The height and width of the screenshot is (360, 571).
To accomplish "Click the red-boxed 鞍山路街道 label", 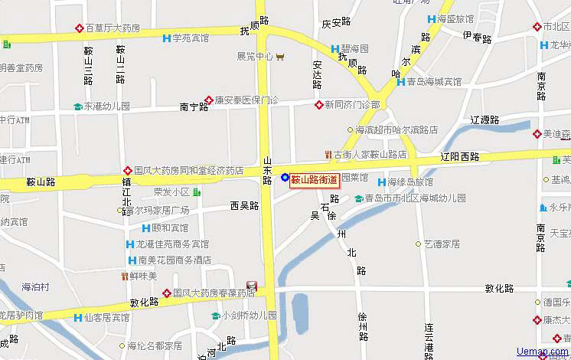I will tap(314, 178).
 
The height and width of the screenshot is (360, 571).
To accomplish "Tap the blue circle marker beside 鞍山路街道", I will tap(285, 178).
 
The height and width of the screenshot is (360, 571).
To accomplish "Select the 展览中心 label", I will tap(255, 56).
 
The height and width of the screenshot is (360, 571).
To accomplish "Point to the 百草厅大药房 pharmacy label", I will tap(113, 28).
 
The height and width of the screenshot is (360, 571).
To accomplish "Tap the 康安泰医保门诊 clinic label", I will tap(246, 100).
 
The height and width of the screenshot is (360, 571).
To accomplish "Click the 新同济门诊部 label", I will tap(351, 104).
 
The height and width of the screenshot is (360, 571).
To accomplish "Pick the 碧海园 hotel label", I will tap(354, 49).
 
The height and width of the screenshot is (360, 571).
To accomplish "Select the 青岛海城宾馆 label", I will tap(434, 81).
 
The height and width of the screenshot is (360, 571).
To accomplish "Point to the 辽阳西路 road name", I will tap(459, 156).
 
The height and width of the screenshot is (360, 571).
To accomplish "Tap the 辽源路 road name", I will tap(485, 119).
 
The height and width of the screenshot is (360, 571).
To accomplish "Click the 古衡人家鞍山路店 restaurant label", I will tap(370, 154).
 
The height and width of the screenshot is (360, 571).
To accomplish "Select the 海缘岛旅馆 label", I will tap(409, 182).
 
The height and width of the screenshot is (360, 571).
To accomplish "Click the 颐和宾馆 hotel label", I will tap(169, 227).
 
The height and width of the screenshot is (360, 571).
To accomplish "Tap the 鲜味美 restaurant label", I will tap(142, 276).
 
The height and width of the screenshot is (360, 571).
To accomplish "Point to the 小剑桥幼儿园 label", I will tap(249, 315).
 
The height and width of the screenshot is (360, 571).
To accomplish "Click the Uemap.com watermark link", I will tap(543, 352).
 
